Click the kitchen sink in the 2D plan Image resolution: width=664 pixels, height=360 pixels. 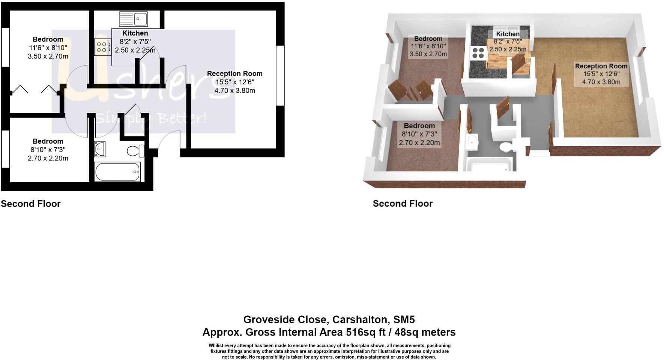pos(134,18)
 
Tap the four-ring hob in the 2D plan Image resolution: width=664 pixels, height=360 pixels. pos(102,47)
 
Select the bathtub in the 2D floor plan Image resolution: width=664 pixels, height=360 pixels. pos(117,172)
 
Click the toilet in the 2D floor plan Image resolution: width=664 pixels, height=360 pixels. pos(135,151)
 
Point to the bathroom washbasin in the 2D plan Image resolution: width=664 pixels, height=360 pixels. pos(100,149)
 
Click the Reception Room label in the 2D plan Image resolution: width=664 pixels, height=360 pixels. pos(234,73)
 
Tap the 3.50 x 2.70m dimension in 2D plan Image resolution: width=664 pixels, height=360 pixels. pos(48,56)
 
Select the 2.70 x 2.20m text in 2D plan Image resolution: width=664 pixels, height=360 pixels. pos(48,158)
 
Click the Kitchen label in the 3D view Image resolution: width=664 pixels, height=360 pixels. pos(508,34)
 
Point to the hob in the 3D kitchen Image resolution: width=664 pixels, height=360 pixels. pos(478,52)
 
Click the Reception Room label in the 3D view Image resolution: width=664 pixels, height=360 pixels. pos(601,66)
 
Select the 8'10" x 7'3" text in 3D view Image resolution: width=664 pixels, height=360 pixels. pos(419,134)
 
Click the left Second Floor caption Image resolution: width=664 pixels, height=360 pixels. pos(30,204)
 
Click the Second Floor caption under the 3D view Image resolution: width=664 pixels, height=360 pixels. pos(403,204)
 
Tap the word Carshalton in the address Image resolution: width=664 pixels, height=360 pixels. pos(361,319)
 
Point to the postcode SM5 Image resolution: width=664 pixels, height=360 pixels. pos(404,319)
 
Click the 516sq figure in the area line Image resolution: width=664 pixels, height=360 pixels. pos(360,332)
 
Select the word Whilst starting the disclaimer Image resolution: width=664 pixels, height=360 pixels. pos(216,346)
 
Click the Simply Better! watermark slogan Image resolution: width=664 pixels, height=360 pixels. pos(150,118)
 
